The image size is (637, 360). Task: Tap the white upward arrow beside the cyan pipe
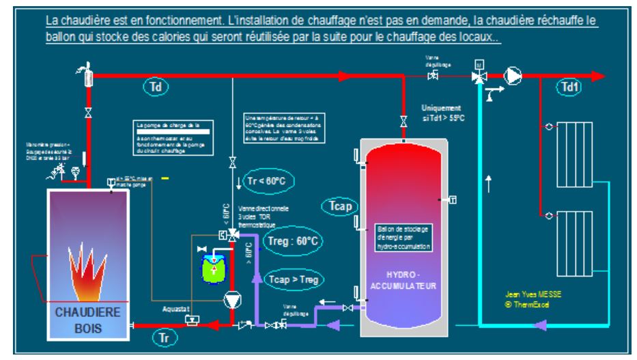(x=487, y=182)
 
